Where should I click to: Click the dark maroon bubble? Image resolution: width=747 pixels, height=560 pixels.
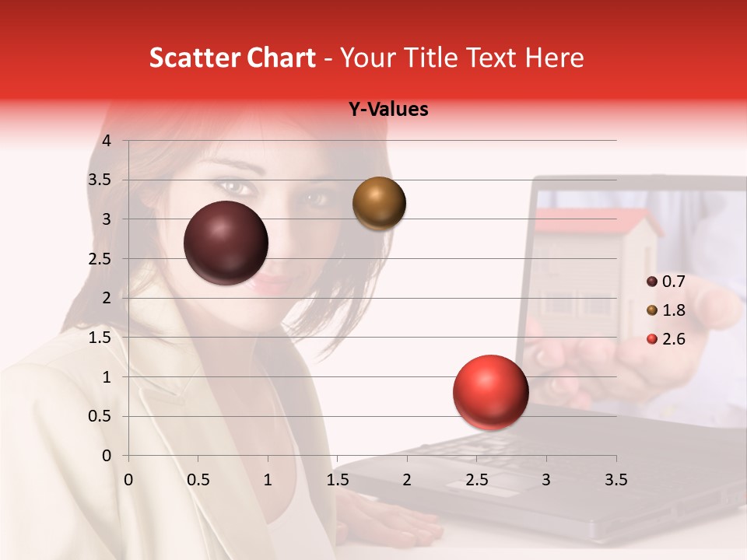(x=226, y=243)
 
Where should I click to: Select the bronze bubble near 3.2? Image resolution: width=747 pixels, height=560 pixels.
(x=379, y=203)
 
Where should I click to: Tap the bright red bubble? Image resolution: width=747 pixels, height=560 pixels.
(x=490, y=392)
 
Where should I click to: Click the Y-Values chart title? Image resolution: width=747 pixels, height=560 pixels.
(x=388, y=110)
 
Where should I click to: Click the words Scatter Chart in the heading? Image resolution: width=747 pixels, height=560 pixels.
(x=232, y=58)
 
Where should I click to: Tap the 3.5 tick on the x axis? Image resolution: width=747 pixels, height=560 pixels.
(x=615, y=480)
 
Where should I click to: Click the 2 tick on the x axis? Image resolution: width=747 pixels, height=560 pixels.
(x=407, y=480)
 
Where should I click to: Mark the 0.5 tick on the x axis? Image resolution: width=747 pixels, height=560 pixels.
(x=198, y=480)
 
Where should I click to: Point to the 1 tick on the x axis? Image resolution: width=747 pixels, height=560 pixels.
(x=268, y=480)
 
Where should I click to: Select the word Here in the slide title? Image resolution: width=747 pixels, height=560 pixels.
(x=555, y=58)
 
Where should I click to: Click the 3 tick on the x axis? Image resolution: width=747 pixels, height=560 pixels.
(x=546, y=480)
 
